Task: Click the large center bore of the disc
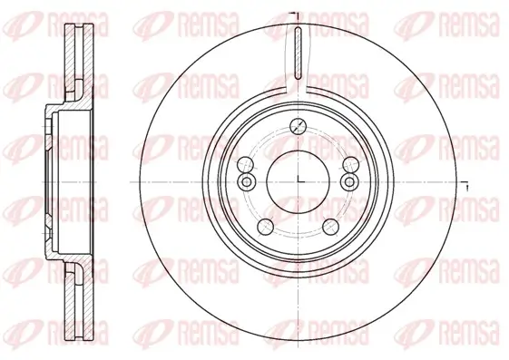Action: [x=299, y=175]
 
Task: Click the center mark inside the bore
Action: [x=299, y=180]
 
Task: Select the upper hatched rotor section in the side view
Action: [x=76, y=63]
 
